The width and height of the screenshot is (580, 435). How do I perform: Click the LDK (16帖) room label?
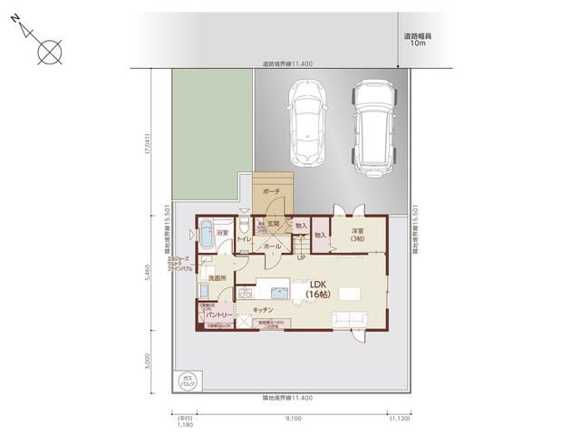(x=317, y=289)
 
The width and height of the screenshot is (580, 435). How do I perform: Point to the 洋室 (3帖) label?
(x=359, y=235)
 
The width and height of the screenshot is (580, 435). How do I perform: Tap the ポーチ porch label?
(x=270, y=193)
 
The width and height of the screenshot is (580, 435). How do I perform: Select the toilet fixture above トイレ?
(x=245, y=225)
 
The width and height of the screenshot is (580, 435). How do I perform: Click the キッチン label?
(x=264, y=310)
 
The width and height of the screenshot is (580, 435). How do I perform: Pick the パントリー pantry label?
(x=216, y=314)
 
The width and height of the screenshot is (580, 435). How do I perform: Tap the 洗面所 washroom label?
(x=217, y=277)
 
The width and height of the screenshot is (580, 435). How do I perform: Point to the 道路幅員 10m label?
(x=418, y=40)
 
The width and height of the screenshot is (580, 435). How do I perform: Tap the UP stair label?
(x=301, y=257)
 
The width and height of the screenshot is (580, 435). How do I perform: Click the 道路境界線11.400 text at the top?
(x=287, y=64)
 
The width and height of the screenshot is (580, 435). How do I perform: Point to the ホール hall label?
(x=270, y=246)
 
